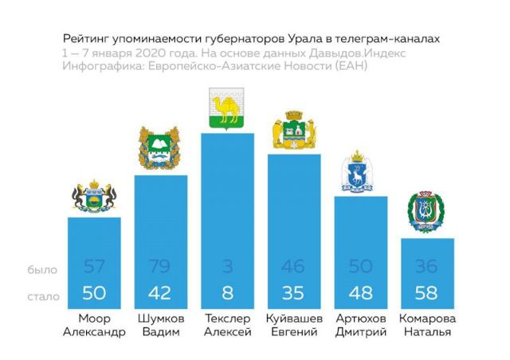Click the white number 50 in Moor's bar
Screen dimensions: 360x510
pyautogui.click(x=93, y=293)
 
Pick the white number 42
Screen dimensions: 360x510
pyautogui.click(x=160, y=293)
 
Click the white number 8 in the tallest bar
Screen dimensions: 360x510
pyautogui.click(x=227, y=293)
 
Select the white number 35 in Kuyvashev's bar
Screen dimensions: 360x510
pyautogui.click(x=294, y=293)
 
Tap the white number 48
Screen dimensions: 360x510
pyautogui.click(x=361, y=293)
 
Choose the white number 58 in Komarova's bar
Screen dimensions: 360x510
pyautogui.click(x=427, y=293)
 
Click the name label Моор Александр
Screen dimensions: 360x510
pyautogui.click(x=94, y=326)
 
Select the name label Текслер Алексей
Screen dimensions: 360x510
pyautogui.click(x=227, y=326)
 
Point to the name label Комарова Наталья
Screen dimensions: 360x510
pyautogui.click(x=428, y=326)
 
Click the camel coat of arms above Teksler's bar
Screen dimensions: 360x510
pyautogui.click(x=227, y=109)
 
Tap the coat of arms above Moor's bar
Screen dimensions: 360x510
pyautogui.click(x=94, y=198)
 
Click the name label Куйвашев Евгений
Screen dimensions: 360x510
pyautogui.click(x=294, y=326)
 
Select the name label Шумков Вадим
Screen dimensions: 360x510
pyautogui.click(x=160, y=326)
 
